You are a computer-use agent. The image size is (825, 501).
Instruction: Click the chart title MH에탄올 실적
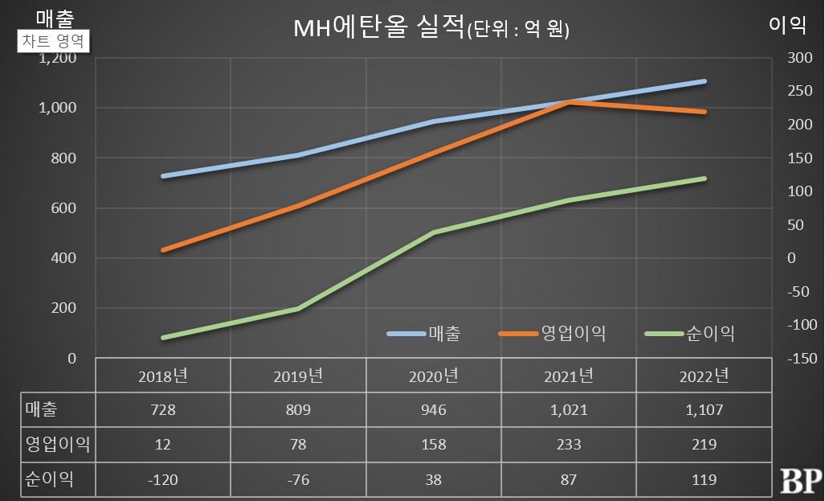coord(378,29)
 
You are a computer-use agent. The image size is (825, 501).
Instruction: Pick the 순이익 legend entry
coord(690,333)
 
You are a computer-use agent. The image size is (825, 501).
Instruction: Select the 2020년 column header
coord(433,376)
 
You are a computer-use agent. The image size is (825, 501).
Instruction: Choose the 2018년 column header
coord(163,376)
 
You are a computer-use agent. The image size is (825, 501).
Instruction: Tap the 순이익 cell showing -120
coord(163,479)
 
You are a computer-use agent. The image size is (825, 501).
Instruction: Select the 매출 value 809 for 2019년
coord(298,410)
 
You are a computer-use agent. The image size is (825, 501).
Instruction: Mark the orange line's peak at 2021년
coord(569,102)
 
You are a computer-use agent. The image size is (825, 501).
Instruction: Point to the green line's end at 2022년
coord(704,179)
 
